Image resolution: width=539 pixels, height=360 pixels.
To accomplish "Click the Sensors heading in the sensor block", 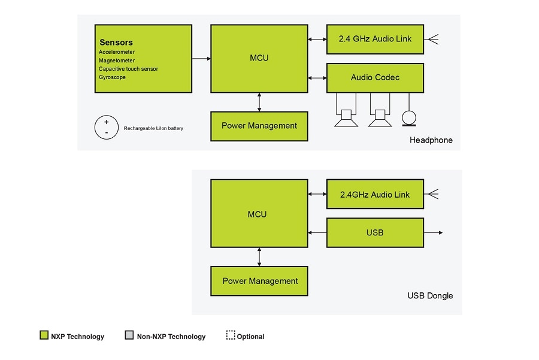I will (x=116, y=43).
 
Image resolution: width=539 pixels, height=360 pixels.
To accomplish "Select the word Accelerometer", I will (x=117, y=52).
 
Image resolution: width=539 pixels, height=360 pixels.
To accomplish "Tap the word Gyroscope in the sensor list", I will (x=112, y=77).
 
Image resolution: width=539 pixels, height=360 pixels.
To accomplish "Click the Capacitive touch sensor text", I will (x=128, y=69).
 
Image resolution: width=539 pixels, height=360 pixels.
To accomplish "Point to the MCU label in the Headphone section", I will (x=259, y=58).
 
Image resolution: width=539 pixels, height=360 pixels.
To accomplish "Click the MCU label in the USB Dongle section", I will (x=258, y=214).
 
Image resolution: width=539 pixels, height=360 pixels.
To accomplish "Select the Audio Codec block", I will (x=375, y=78).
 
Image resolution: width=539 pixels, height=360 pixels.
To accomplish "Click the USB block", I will (x=375, y=232).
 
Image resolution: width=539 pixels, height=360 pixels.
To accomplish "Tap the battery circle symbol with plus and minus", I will (x=106, y=128).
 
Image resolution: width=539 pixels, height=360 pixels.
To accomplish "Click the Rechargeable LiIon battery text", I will (x=153, y=128).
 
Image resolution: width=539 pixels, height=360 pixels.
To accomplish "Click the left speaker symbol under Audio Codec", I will (x=346, y=118).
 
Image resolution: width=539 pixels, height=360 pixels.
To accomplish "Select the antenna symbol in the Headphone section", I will (x=433, y=40).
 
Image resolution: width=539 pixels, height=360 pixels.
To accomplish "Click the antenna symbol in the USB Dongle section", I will (x=434, y=194).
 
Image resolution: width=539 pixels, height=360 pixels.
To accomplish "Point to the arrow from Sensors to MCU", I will (x=201, y=59).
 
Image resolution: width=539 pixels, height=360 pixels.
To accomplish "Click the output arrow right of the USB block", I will (x=434, y=232).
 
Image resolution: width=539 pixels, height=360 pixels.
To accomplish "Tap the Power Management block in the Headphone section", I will (x=259, y=126).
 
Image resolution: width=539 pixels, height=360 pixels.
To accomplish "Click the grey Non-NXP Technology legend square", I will (x=129, y=335).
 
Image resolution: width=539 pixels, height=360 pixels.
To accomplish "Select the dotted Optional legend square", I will (x=231, y=335).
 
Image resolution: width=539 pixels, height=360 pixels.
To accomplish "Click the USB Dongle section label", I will (x=430, y=296).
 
